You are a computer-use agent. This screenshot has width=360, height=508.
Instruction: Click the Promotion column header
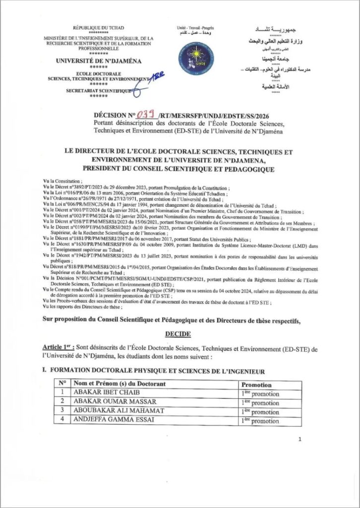pyautogui.click(x=256, y=384)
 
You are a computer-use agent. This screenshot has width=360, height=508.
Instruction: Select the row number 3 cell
pyautogui.click(x=62, y=411)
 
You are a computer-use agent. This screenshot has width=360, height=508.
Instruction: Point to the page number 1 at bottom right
pyautogui.click(x=301, y=440)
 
